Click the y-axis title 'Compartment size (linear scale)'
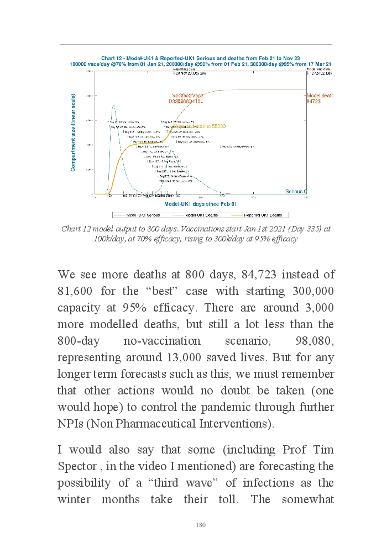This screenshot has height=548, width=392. pos(73,132)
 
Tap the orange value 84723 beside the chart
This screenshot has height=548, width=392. pos(313,102)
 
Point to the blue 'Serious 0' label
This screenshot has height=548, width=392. pos(296,191)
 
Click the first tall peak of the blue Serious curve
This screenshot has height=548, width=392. pos(113,106)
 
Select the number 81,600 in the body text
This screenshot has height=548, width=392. pos(80,291)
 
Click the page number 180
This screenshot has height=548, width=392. pos(201,525)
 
